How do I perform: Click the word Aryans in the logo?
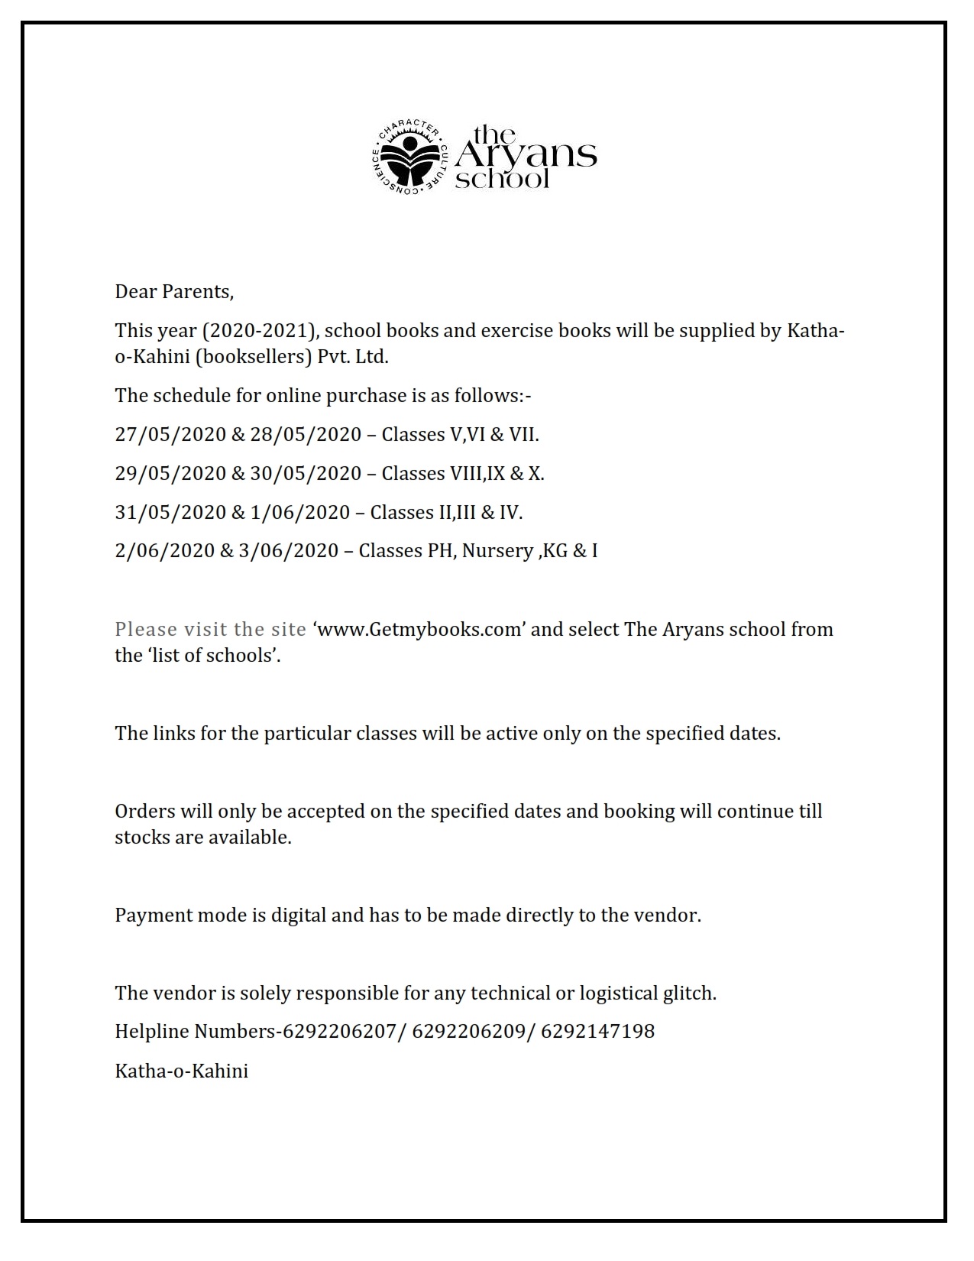point(526,156)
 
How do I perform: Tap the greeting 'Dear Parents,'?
point(174,291)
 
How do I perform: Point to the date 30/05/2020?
point(306,473)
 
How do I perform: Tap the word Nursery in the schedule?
point(497,551)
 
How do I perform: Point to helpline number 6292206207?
point(340,1031)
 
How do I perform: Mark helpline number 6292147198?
point(598,1031)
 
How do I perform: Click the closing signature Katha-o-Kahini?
point(182,1071)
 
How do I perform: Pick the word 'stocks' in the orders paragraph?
point(143,837)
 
